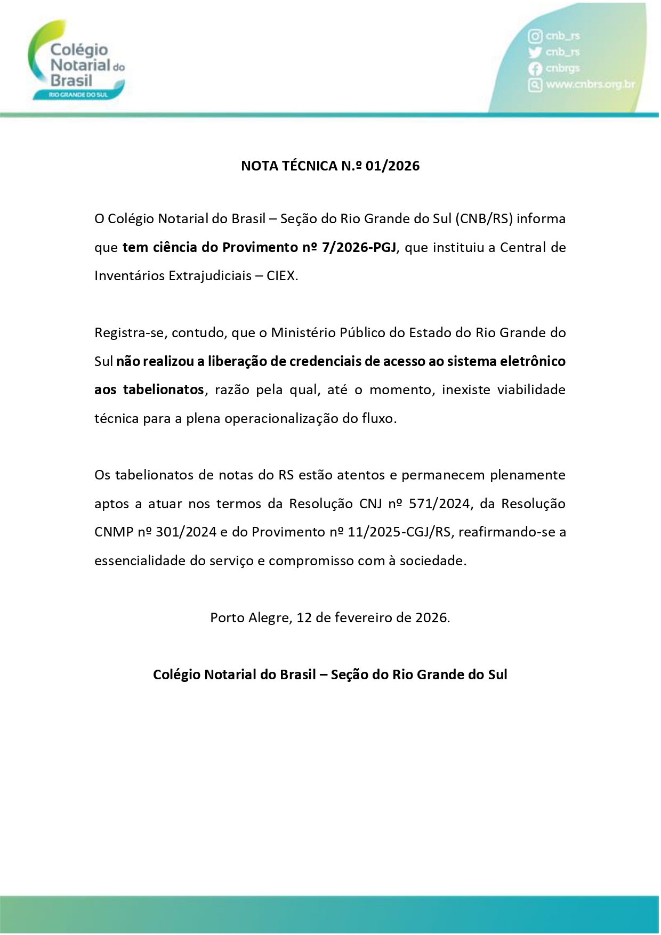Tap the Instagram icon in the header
click(535, 36)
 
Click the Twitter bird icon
click(535, 52)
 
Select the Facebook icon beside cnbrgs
click(535, 69)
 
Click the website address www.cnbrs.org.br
click(590, 85)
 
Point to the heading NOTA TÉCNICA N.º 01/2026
click(330, 166)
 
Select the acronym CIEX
click(281, 276)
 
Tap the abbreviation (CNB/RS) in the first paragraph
click(484, 219)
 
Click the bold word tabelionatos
click(163, 390)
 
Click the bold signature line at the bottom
click(330, 675)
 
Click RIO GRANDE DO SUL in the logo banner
click(78, 94)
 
